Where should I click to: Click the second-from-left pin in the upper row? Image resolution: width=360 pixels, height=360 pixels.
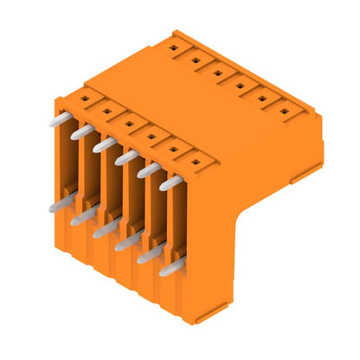[82, 132]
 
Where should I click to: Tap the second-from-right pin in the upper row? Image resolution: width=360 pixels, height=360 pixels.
[149, 170]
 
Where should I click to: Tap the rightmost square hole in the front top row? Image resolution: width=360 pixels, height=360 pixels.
[194, 160]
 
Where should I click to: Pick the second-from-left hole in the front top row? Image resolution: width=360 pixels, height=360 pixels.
[106, 111]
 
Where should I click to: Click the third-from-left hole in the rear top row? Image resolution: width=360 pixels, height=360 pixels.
[218, 73]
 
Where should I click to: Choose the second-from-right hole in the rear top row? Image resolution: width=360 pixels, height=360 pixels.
[262, 98]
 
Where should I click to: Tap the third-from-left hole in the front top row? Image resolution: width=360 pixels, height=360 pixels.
[128, 123]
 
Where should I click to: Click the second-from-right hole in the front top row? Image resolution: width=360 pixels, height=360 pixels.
[172, 148]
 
